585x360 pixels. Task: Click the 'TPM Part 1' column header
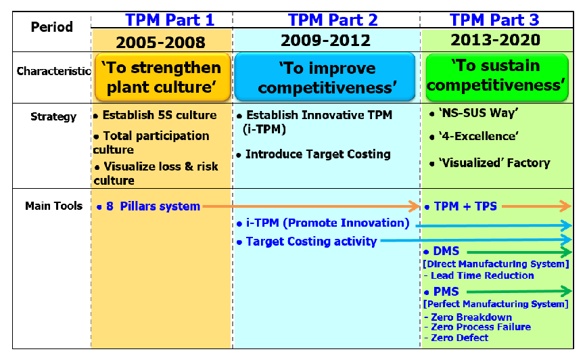pos(170,20)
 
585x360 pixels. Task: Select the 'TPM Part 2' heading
pos(333,20)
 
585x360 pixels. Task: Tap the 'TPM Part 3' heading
pos(494,20)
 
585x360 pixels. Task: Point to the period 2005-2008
pos(160,43)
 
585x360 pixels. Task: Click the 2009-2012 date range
pos(325,41)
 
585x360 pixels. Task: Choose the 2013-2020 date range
pos(496,39)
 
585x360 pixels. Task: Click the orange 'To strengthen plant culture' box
pos(163,77)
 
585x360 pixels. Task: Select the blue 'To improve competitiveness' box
pos(325,77)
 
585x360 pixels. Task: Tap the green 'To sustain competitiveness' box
pos(497,77)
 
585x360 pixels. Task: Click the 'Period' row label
pos(51,27)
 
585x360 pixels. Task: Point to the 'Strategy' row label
pos(53,116)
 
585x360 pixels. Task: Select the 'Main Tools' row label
pos(53,206)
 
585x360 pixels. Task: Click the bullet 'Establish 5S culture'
pos(155,115)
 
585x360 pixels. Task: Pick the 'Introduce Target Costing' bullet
pos(314,154)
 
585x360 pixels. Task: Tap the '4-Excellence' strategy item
pos(474,136)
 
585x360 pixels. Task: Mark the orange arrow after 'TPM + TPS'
pos(536,206)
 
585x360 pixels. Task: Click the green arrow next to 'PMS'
pos(519,291)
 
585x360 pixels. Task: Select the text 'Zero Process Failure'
pos(477,327)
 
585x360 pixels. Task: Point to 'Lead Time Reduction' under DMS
pos(479,275)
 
